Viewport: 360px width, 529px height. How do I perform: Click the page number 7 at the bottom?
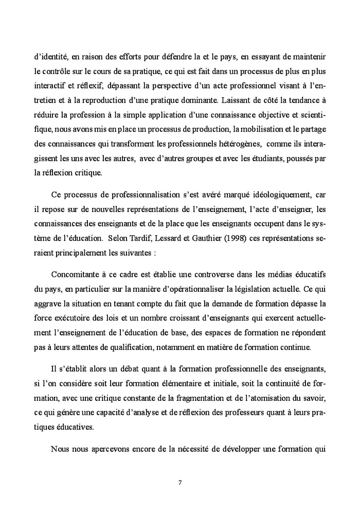(x=180, y=482)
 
